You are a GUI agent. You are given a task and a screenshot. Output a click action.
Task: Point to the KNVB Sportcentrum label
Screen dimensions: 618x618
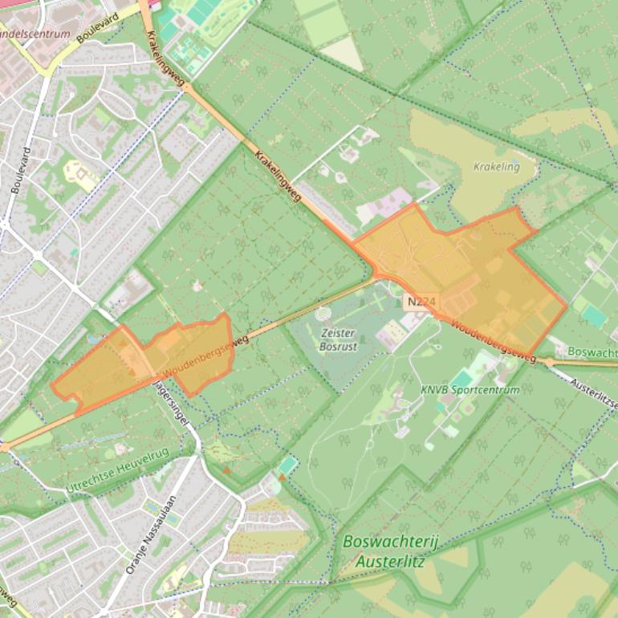pyautogui.click(x=470, y=390)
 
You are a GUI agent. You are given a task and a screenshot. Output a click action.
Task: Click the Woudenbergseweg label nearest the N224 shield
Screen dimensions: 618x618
pyautogui.click(x=493, y=340)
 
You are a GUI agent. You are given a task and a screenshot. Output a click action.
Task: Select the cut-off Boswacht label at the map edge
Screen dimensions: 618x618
pyautogui.click(x=592, y=352)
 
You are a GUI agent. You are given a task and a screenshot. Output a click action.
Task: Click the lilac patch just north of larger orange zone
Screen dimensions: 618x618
pyautogui.click(x=384, y=205)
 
